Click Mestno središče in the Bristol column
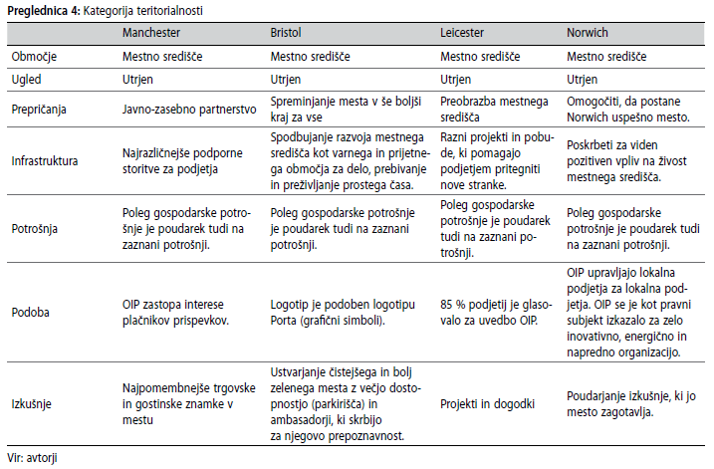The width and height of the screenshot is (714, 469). (x=318, y=57)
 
